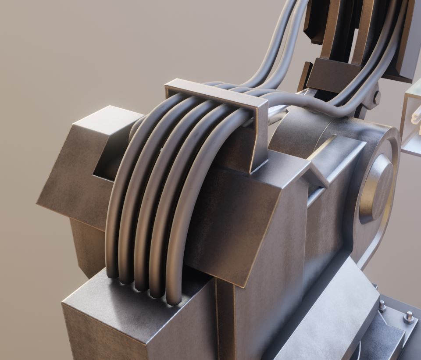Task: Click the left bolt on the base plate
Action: click(x=382, y=306)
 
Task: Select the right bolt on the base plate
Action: click(x=409, y=317)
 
